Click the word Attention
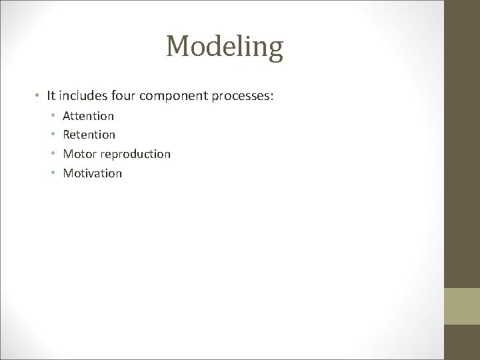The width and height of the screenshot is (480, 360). point(88,116)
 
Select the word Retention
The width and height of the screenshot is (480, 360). point(89,135)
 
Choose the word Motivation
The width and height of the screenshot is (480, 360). point(92,173)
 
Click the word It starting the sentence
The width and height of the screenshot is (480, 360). point(51,96)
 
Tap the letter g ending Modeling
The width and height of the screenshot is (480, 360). point(275,51)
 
